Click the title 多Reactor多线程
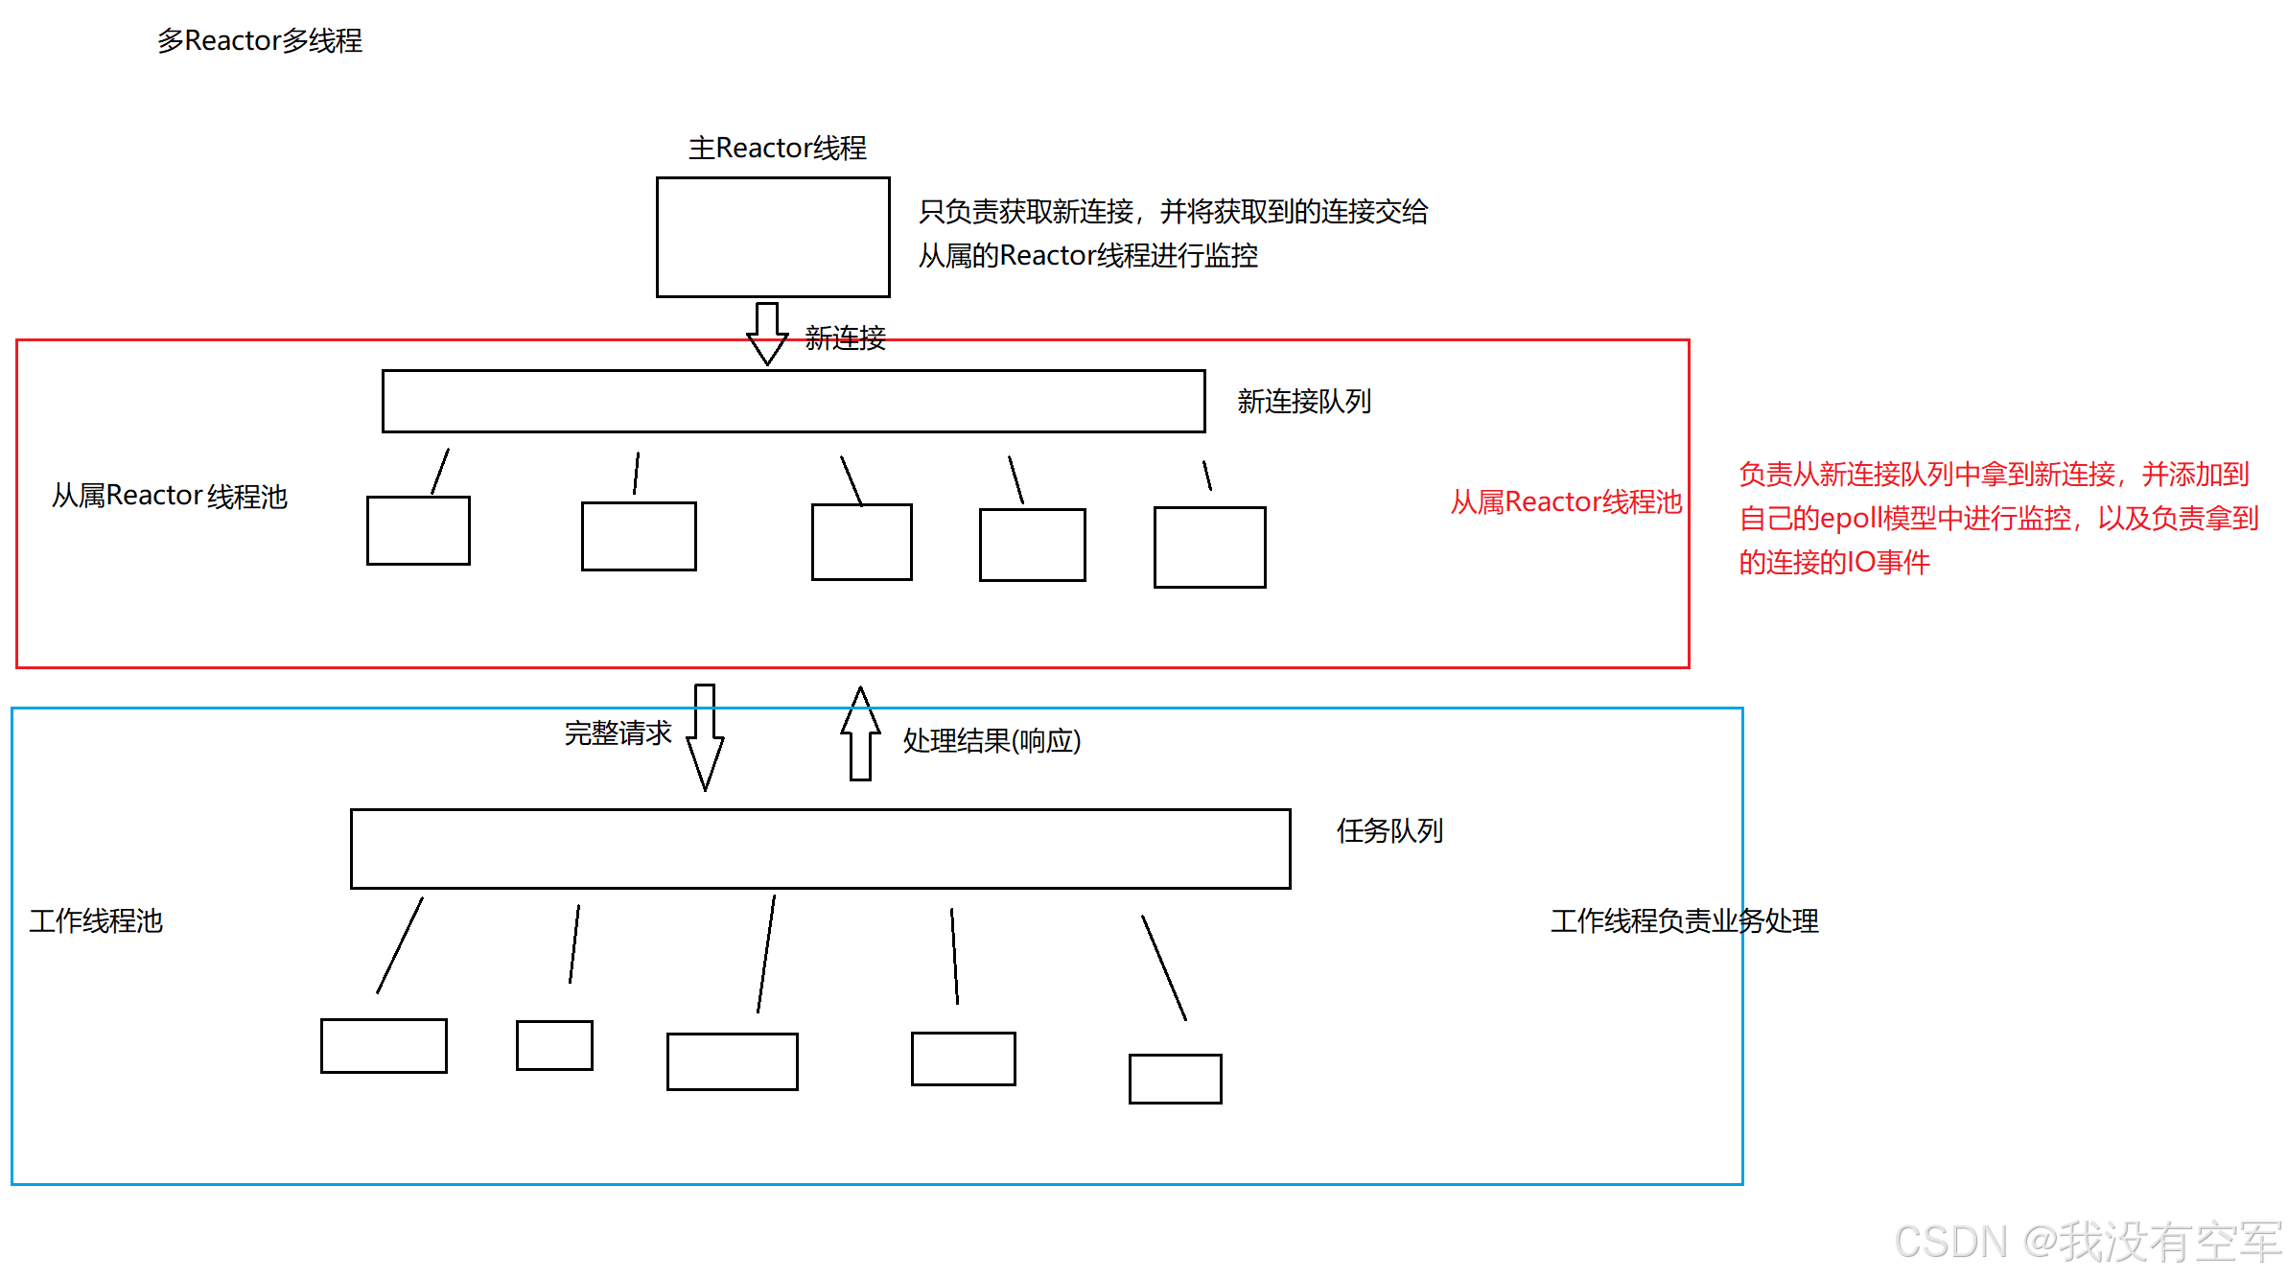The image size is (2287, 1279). [x=260, y=40]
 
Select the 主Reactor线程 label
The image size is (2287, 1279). [x=777, y=148]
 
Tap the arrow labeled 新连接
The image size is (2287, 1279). [x=767, y=334]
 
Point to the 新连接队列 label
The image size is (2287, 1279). [x=1304, y=401]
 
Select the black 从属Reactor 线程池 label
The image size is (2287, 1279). [x=170, y=496]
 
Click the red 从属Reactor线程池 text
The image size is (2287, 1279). [x=1566, y=501]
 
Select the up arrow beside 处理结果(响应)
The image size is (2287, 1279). [x=860, y=733]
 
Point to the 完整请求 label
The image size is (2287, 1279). [x=618, y=733]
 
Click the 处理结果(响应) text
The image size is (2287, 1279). [x=992, y=740]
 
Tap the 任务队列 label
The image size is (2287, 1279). [x=1389, y=830]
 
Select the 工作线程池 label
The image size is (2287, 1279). [x=96, y=920]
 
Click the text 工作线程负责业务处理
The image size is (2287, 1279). [x=1685, y=920]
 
